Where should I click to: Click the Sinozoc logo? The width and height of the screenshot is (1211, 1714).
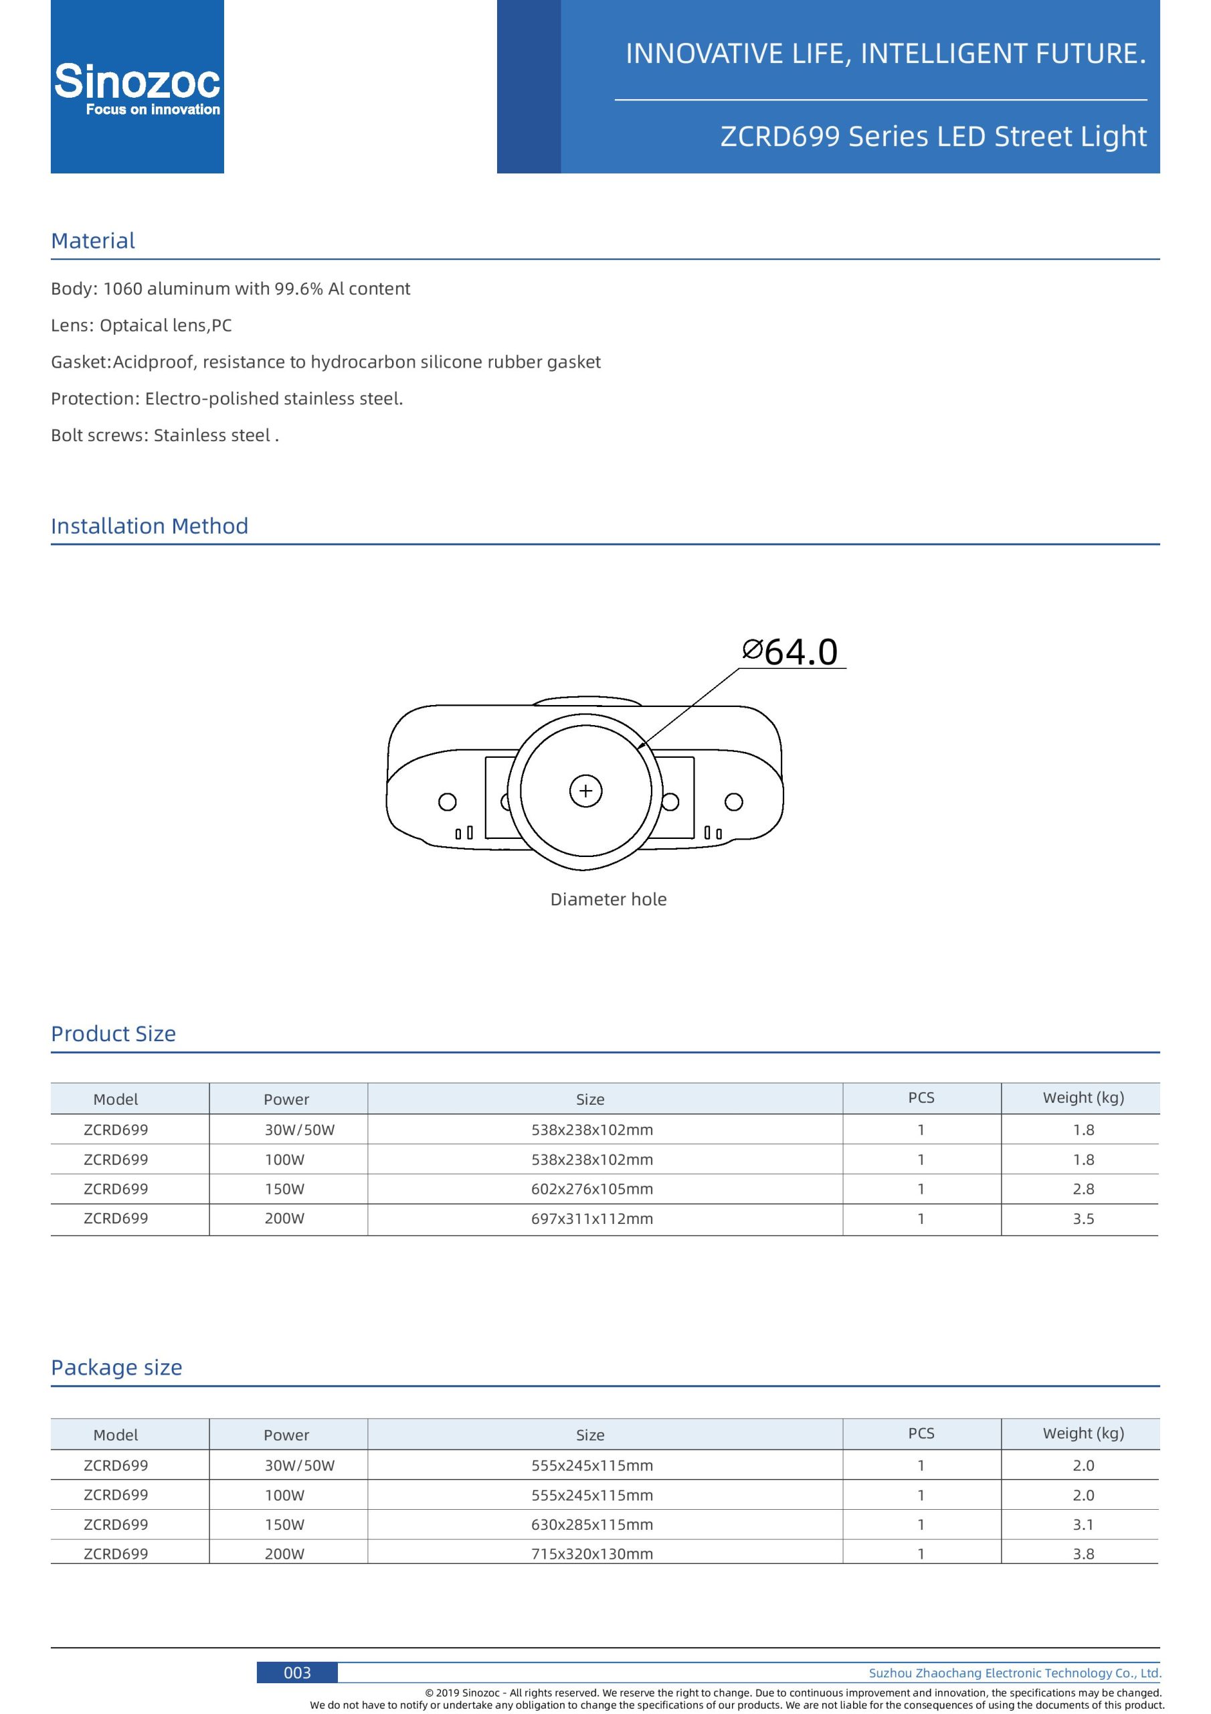(x=137, y=86)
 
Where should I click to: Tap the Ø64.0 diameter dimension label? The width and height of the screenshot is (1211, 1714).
(x=791, y=651)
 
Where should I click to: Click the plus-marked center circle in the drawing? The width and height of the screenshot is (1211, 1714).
(x=585, y=791)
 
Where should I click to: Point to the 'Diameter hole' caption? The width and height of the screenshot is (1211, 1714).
(x=608, y=900)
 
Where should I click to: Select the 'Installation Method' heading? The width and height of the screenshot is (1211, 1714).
(x=149, y=526)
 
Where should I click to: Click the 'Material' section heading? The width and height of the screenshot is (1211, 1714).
(x=93, y=241)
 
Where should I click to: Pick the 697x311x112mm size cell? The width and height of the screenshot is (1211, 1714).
(x=591, y=1219)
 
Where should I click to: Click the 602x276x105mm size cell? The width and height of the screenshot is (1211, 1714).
(x=591, y=1189)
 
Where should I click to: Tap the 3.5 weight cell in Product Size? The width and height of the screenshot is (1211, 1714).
(x=1083, y=1219)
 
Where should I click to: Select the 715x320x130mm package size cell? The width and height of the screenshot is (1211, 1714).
(x=591, y=1554)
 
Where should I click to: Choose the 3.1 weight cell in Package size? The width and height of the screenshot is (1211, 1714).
(x=1083, y=1525)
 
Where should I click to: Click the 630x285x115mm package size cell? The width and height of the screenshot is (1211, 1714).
(x=591, y=1525)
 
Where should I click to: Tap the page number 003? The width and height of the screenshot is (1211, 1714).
(x=297, y=1672)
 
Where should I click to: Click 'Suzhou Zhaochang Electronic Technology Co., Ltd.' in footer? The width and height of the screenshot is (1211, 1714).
(x=1015, y=1673)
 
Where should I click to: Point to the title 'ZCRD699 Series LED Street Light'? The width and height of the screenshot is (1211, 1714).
(x=933, y=137)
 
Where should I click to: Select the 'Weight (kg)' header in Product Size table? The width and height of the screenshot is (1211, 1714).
(x=1083, y=1097)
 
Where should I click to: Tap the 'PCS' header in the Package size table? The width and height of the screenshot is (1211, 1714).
(x=921, y=1433)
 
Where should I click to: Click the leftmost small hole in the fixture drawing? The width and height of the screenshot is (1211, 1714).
(x=447, y=801)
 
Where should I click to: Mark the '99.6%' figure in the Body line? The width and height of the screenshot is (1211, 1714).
(x=298, y=289)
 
